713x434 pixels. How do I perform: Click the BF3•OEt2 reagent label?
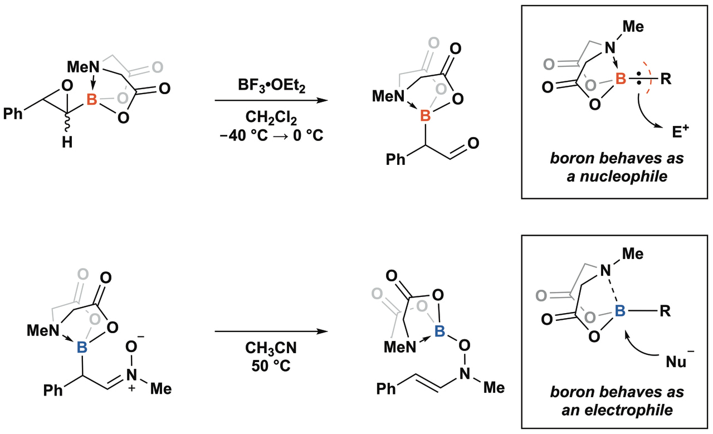[x=270, y=87]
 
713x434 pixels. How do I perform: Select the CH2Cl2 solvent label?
[x=270, y=118]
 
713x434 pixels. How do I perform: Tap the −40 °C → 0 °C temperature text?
[x=270, y=135]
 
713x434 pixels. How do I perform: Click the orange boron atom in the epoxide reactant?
[x=92, y=100]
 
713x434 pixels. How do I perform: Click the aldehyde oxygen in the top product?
[x=473, y=144]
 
